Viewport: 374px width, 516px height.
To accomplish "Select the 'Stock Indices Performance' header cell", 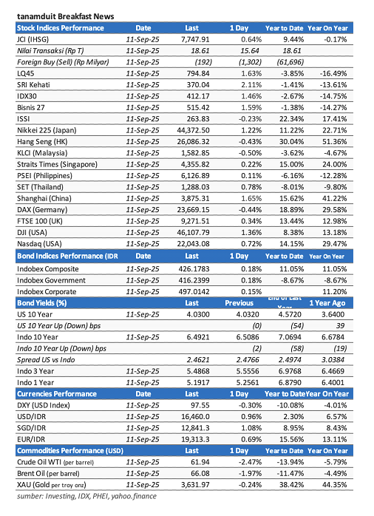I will (x=61, y=27).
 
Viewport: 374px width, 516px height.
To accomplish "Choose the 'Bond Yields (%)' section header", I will (x=44, y=324).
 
